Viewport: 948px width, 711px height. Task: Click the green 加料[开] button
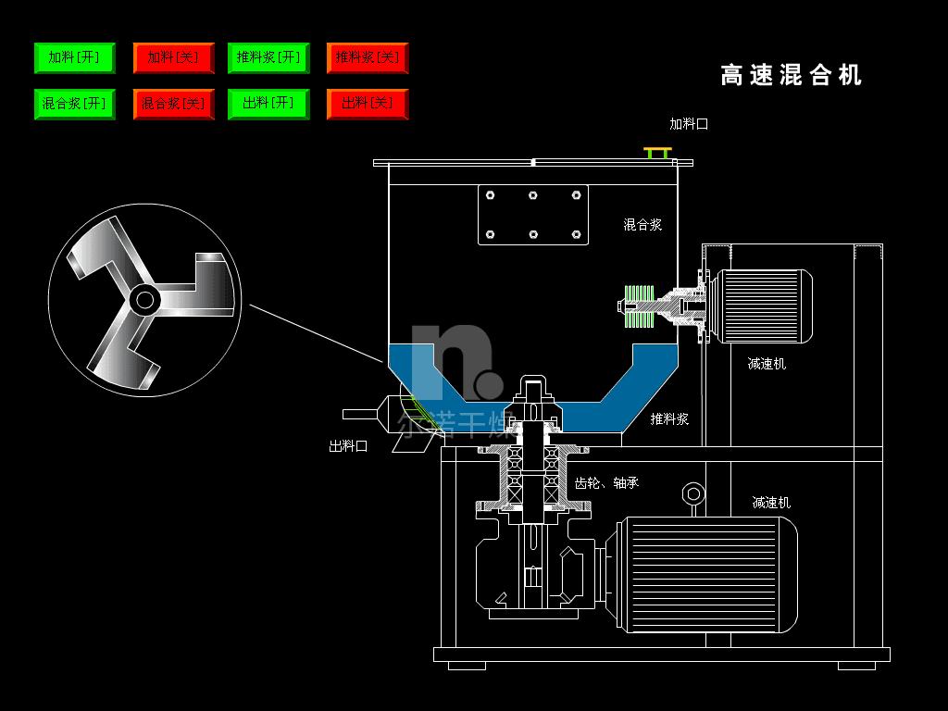click(x=74, y=57)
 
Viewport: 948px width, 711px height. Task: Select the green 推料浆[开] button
click(x=268, y=57)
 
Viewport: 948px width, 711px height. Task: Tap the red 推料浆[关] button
click(x=368, y=57)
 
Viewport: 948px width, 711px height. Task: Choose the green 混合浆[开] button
click(x=74, y=104)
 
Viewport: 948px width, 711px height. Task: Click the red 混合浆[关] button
click(x=173, y=104)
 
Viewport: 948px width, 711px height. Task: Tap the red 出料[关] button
click(x=368, y=104)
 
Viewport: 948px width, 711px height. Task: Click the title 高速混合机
click(x=791, y=75)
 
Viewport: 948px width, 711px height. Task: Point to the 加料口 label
click(x=689, y=123)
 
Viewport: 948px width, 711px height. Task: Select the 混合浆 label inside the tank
click(x=642, y=224)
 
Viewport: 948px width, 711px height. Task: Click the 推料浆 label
click(x=669, y=418)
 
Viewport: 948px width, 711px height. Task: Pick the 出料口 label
click(x=348, y=445)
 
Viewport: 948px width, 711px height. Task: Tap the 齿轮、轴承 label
click(x=606, y=482)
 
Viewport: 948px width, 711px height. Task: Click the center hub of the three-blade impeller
click(x=143, y=299)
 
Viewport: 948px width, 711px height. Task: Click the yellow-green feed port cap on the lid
click(x=658, y=151)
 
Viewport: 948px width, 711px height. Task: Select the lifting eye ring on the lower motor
click(x=692, y=493)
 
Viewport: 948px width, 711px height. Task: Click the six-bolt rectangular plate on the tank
click(x=533, y=215)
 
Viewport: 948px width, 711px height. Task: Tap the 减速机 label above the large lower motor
click(x=771, y=503)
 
